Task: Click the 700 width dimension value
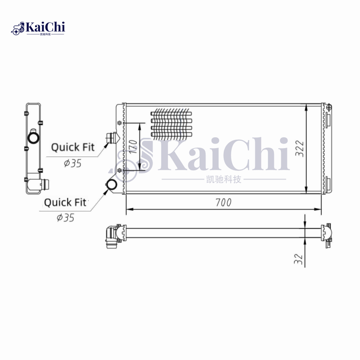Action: (x=223, y=203)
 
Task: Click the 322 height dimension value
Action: (x=300, y=148)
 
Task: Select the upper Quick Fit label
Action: (x=72, y=147)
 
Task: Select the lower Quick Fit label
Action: (x=65, y=202)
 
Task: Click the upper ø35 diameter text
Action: (x=72, y=163)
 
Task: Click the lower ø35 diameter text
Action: (x=65, y=218)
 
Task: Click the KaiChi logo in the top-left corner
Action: (x=39, y=28)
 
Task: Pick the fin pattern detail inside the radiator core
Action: (x=171, y=123)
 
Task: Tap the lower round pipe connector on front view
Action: (x=112, y=184)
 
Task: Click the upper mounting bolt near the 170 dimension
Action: (x=119, y=123)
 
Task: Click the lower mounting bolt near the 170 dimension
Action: (x=119, y=170)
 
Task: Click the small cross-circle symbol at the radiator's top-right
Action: (x=329, y=107)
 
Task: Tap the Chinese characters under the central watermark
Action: (x=223, y=180)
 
